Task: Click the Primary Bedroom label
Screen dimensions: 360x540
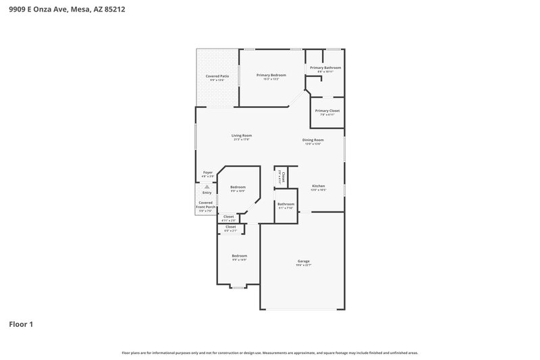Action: (x=271, y=75)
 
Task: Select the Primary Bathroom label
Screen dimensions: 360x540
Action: (x=325, y=68)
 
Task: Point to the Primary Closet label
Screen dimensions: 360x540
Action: (x=327, y=110)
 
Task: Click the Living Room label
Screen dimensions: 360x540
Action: (x=242, y=136)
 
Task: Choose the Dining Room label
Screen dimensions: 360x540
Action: (x=313, y=140)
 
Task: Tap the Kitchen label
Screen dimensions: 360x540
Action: (x=318, y=186)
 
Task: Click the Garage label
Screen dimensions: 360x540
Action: (x=304, y=261)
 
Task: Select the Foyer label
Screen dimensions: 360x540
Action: (x=208, y=172)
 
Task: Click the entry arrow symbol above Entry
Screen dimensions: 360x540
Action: (x=207, y=187)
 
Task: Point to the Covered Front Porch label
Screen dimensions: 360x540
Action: (x=206, y=205)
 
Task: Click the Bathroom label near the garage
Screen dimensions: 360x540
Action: (x=286, y=204)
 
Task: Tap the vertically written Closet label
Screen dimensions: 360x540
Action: (x=283, y=178)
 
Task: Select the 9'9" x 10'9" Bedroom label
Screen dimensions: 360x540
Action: (x=238, y=187)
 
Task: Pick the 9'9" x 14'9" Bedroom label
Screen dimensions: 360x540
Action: (x=240, y=256)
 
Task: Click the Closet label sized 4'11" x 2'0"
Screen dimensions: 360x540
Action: (x=230, y=216)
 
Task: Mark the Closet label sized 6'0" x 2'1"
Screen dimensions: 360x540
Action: (x=230, y=227)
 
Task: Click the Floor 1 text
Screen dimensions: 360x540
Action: (x=21, y=324)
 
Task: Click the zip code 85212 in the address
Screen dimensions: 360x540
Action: (x=113, y=9)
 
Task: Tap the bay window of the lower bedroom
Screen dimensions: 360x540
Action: (x=238, y=288)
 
